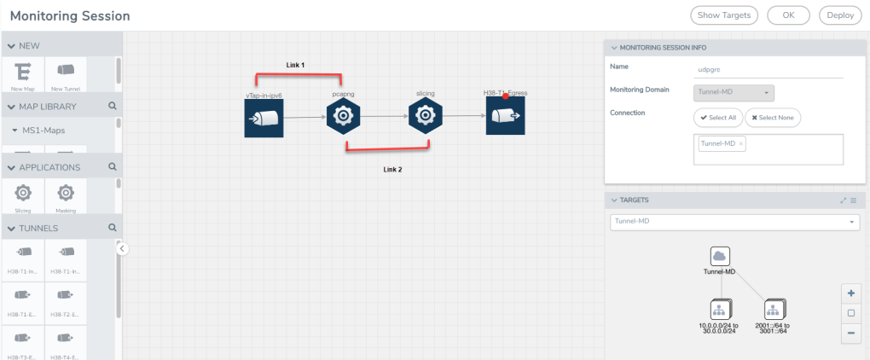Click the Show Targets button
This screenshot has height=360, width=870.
tap(724, 15)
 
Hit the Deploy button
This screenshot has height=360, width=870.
tap(840, 15)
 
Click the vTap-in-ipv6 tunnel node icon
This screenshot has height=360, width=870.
tap(264, 117)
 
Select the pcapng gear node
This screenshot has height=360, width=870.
tap(343, 116)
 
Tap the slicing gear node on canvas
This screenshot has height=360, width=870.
tap(425, 116)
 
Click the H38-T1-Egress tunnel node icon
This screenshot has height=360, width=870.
tap(505, 116)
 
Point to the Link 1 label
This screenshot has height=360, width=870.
tap(295, 65)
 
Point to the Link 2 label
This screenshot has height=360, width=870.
tap(392, 170)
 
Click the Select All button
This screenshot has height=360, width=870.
tap(717, 117)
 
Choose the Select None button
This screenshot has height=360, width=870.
tap(773, 117)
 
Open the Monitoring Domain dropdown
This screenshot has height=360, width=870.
tap(734, 91)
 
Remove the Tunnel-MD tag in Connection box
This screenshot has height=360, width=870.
tap(741, 143)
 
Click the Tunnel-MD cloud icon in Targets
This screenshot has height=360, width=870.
tap(719, 256)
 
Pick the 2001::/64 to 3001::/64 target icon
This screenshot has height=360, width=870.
tap(774, 310)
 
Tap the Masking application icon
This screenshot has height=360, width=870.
tap(65, 194)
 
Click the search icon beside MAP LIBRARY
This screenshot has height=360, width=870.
tap(112, 107)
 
